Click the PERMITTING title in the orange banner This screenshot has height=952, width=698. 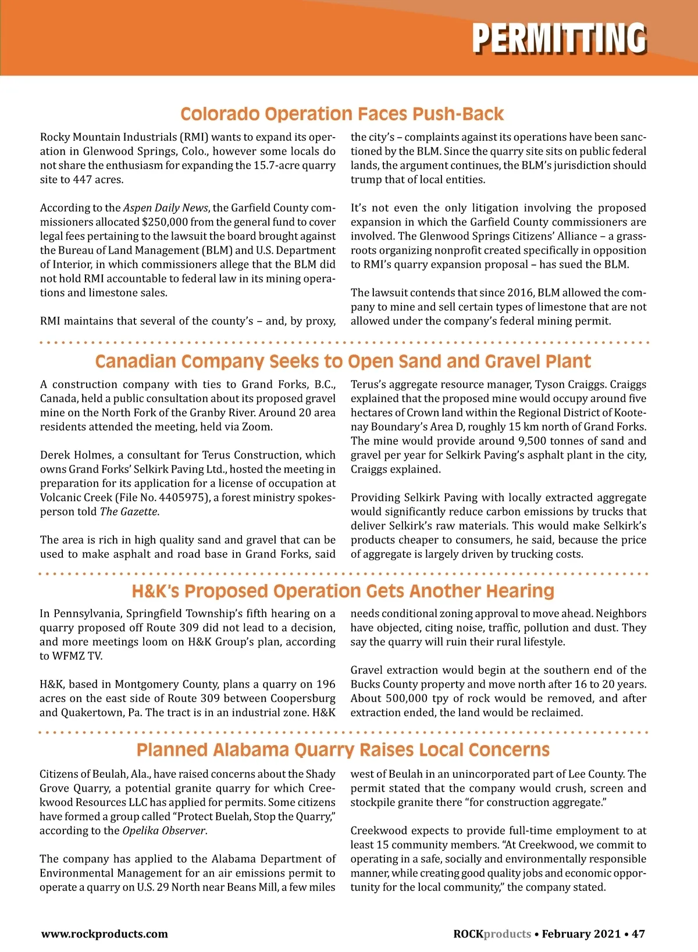559,38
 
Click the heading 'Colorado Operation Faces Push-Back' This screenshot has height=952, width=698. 342,114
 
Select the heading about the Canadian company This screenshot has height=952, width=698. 343,362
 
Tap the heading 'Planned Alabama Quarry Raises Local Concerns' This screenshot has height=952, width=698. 343,750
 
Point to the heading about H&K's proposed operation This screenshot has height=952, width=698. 343,591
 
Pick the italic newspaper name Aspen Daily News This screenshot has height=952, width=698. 165,208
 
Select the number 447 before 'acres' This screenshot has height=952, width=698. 83,180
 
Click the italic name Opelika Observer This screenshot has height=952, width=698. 163,831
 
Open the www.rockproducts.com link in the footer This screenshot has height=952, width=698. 104,934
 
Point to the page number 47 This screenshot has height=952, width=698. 638,934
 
